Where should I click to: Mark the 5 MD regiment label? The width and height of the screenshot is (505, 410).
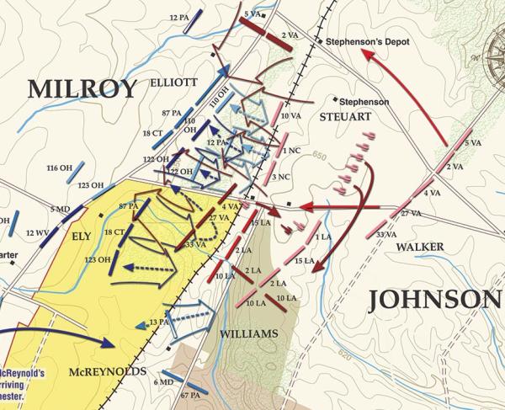coord(60,209)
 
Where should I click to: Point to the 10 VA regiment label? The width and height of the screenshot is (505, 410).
coord(290,115)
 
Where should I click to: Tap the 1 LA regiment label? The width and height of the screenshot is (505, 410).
coord(322,237)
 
